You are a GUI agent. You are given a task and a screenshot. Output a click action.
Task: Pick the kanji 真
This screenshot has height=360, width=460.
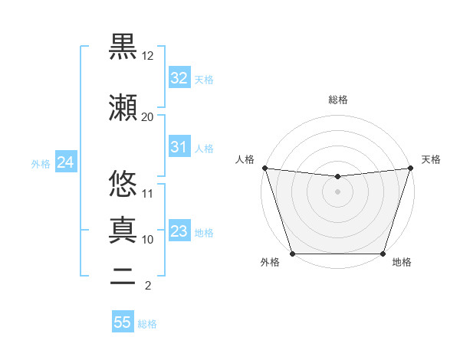123,229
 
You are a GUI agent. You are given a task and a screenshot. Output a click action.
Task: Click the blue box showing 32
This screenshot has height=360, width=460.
179,78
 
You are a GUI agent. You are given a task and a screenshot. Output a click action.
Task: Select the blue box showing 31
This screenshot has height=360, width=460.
179,147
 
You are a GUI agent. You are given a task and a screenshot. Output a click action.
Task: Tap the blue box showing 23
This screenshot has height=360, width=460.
179,231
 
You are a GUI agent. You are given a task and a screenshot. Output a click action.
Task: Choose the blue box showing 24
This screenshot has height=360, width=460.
65,162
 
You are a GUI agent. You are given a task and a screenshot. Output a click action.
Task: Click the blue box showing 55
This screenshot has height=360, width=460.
123,322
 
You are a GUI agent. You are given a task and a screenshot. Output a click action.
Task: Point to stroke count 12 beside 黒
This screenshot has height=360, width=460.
148,56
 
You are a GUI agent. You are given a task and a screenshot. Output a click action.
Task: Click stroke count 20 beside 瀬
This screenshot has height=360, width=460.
148,116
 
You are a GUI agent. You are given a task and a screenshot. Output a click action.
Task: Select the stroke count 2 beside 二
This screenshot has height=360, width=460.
148,286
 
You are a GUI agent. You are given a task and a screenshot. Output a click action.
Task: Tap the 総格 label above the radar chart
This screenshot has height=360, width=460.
337,100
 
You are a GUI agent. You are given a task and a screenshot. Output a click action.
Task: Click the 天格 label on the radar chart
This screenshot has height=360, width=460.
431,159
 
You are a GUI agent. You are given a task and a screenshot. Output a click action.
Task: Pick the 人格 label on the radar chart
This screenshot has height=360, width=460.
245,159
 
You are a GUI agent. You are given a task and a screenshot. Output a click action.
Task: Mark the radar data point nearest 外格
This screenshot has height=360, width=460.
292,254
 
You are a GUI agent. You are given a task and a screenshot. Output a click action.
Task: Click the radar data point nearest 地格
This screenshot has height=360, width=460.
383,254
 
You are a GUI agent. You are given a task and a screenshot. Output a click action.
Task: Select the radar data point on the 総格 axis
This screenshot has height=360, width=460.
337,177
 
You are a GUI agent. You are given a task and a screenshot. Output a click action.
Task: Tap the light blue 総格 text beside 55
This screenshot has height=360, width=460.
147,324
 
